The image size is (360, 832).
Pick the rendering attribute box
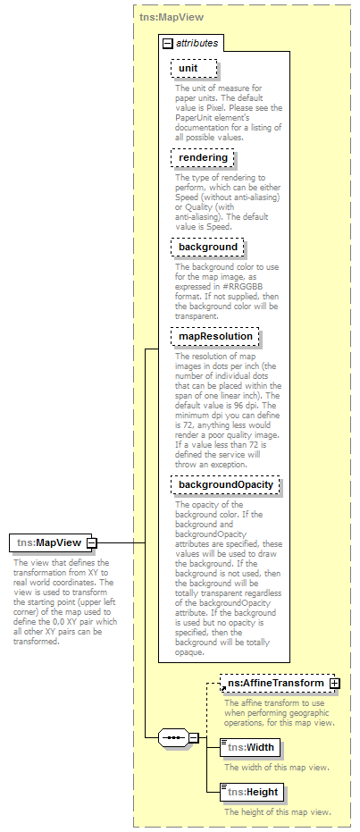click(203, 158)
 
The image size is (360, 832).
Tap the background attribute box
click(207, 247)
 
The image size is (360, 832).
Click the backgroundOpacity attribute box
click(226, 484)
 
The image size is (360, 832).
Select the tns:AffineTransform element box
click(274, 684)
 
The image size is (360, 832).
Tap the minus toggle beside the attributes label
click(167, 43)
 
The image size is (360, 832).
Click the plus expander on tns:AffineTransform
click(335, 684)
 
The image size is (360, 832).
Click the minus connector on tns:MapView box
click(92, 542)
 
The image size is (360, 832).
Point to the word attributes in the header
click(197, 43)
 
